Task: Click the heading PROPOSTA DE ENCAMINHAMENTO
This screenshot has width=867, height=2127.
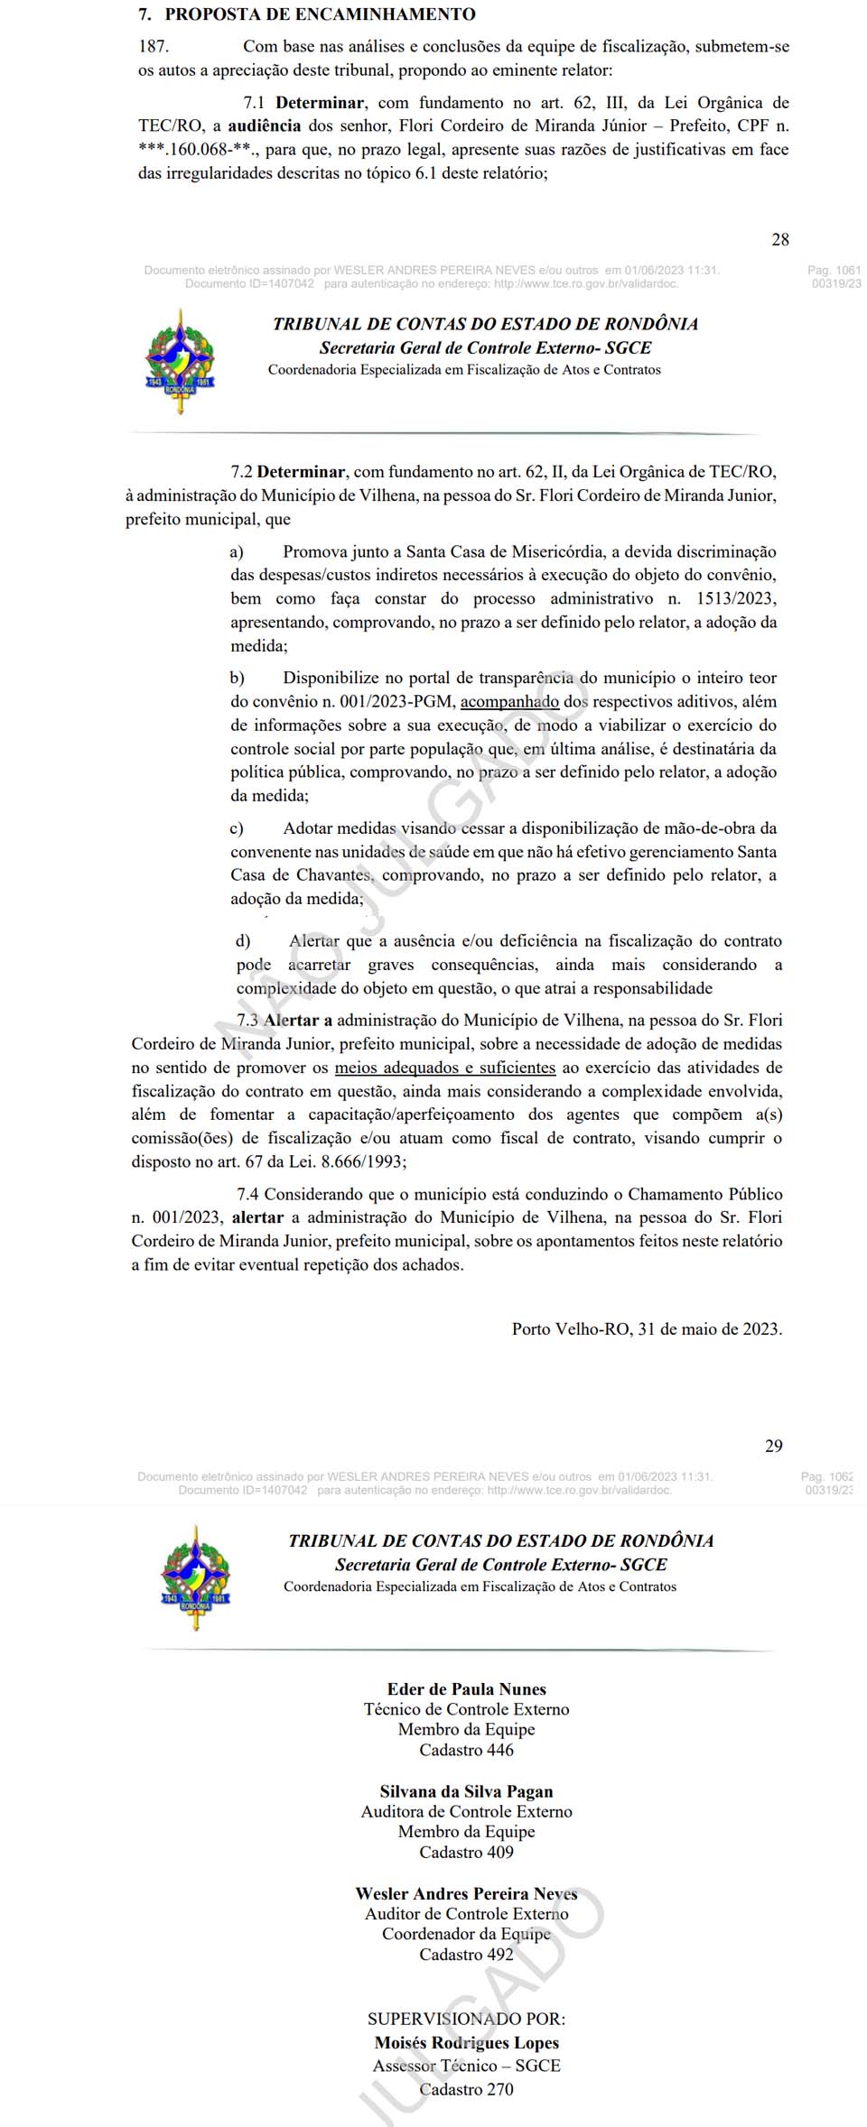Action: click(x=320, y=15)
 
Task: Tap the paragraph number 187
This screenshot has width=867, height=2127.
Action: click(x=154, y=47)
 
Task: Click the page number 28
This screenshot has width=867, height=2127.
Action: click(x=780, y=239)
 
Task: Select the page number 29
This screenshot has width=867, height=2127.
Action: click(x=774, y=1446)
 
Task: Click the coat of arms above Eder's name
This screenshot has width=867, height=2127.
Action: click(x=196, y=1577)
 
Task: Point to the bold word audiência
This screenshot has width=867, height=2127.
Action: click(x=265, y=126)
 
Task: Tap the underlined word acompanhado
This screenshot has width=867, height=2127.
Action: click(x=510, y=701)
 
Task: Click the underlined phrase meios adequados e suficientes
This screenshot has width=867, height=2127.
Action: click(x=445, y=1068)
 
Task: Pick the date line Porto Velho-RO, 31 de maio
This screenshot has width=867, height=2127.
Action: click(x=647, y=1328)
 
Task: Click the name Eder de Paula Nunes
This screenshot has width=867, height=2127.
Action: click(x=466, y=1689)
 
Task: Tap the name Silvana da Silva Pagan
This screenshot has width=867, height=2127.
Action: click(x=466, y=1791)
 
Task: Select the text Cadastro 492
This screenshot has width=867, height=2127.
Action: click(x=466, y=1954)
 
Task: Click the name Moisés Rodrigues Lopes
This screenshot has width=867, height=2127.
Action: click(x=466, y=2042)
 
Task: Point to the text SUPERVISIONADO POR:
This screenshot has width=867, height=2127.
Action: click(x=466, y=2019)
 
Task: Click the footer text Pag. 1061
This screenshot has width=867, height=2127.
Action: click(x=834, y=270)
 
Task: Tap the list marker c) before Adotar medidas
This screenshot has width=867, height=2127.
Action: click(x=237, y=828)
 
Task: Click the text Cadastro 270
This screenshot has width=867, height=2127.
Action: click(x=466, y=2089)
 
